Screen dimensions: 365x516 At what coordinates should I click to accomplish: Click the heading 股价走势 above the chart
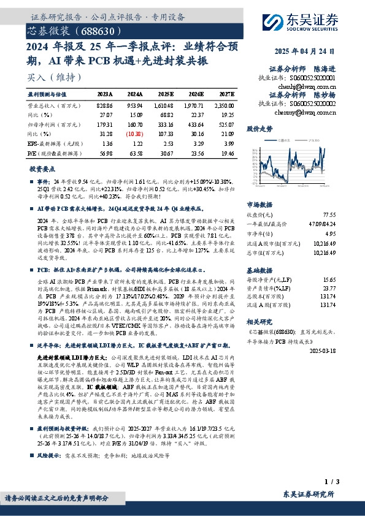click(x=259, y=129)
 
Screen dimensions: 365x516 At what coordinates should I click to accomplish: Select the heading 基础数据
click(x=259, y=269)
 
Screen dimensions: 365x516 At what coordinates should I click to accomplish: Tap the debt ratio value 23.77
click(x=347, y=287)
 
